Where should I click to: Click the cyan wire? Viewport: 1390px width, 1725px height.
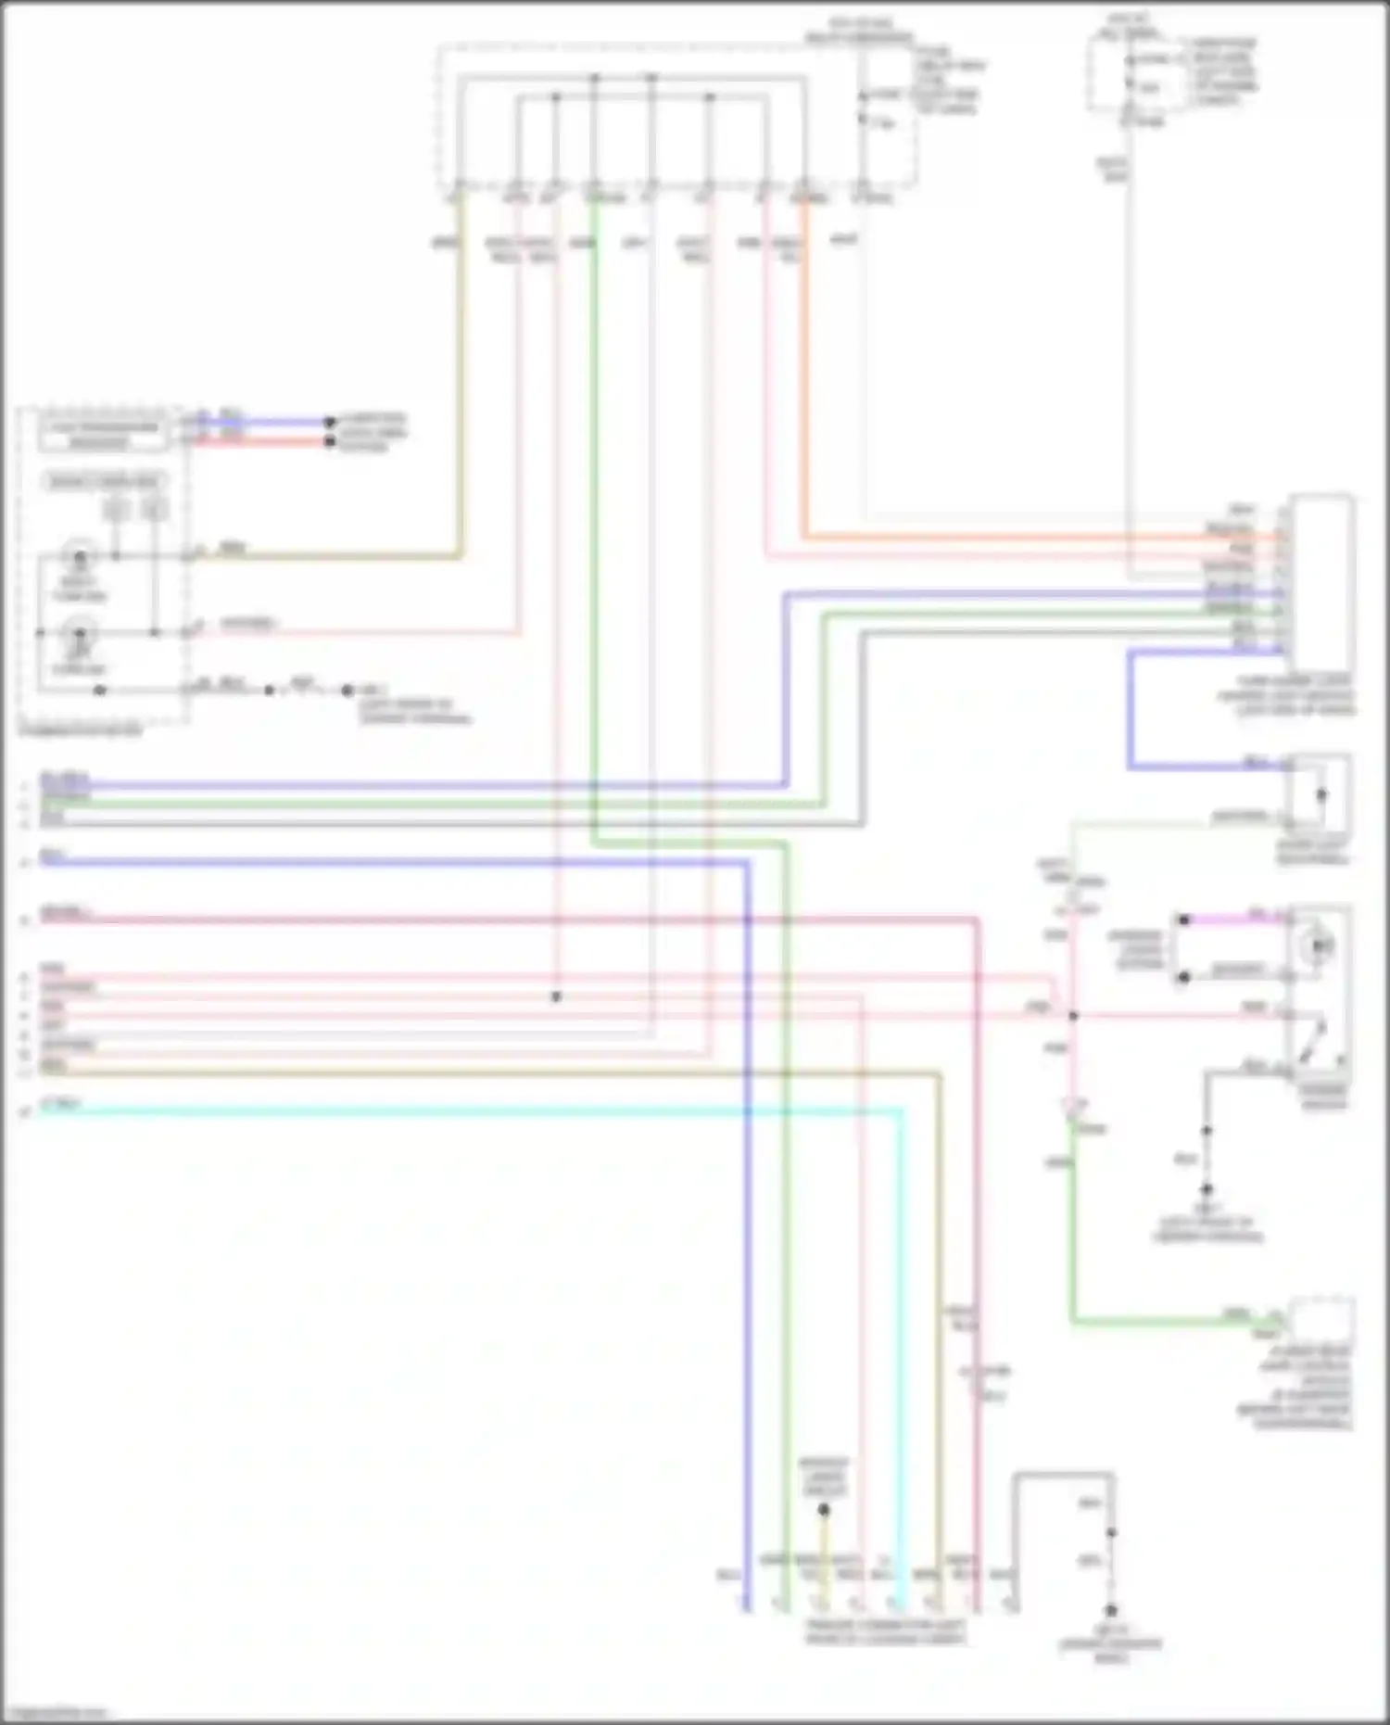click(x=463, y=1110)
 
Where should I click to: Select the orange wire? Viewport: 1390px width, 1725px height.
click(x=1019, y=537)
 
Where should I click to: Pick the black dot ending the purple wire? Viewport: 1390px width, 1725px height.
click(x=1183, y=920)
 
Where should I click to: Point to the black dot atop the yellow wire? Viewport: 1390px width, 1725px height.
click(x=824, y=1510)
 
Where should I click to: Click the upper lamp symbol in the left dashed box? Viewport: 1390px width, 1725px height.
click(x=80, y=557)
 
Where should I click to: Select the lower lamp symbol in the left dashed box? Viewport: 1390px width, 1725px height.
click(x=80, y=634)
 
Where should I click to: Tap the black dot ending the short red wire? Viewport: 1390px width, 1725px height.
click(x=329, y=441)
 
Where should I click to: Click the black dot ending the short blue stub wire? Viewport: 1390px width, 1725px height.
click(x=329, y=423)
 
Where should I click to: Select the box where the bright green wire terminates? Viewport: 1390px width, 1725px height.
click(x=1321, y=1320)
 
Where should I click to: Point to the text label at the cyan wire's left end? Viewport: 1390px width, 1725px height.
click(x=61, y=1103)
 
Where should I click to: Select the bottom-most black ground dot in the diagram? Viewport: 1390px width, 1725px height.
click(x=1111, y=1611)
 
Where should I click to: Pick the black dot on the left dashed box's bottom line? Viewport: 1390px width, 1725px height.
click(x=100, y=691)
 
